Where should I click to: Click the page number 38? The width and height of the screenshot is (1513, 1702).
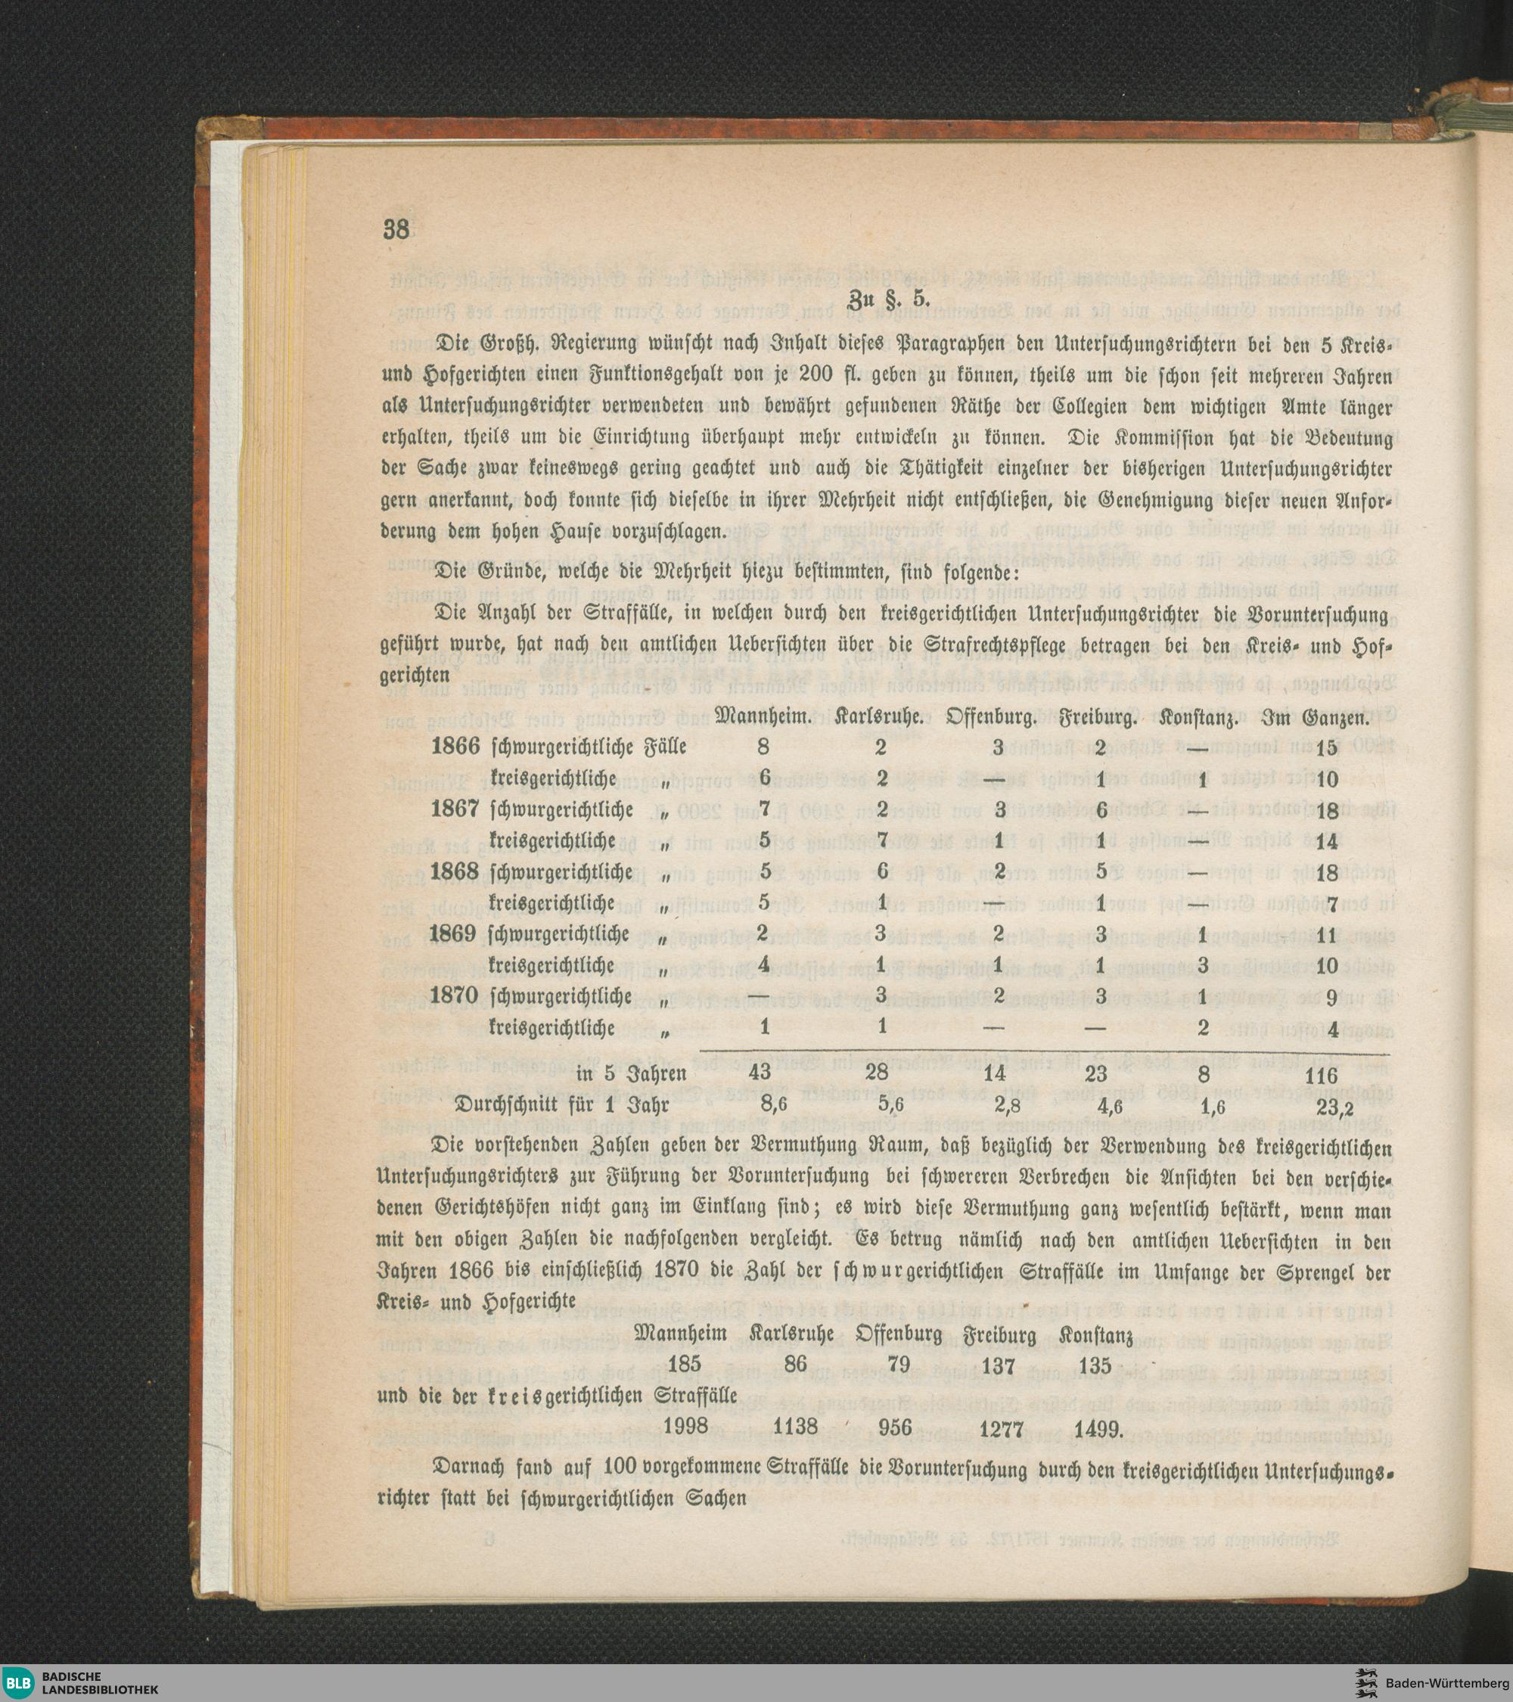tap(396, 229)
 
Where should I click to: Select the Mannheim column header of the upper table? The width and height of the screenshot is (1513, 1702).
tap(763, 716)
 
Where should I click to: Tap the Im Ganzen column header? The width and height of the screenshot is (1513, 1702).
tap(1315, 716)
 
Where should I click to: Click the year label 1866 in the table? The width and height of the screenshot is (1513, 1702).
tap(455, 747)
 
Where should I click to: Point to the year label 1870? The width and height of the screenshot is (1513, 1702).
tap(455, 996)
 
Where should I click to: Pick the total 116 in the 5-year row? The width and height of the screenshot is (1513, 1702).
tap(1321, 1075)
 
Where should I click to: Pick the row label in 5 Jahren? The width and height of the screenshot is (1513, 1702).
tap(631, 1075)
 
